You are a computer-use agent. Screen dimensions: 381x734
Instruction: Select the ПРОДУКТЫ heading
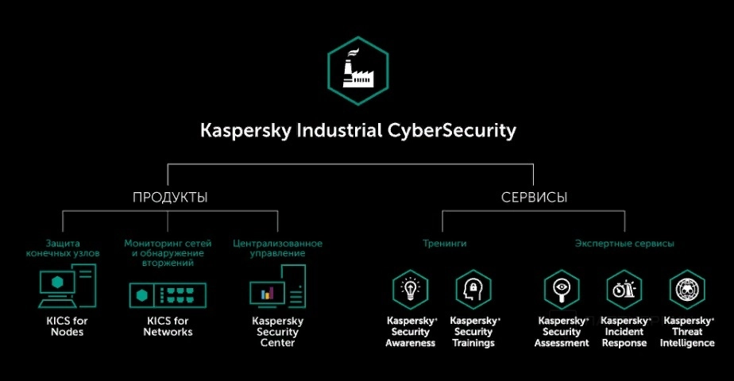[170, 198]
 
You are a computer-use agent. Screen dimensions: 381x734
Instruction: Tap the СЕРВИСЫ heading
[534, 198]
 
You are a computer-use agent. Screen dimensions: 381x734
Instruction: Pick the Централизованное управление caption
[277, 248]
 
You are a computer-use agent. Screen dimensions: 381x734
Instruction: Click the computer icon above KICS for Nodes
[67, 287]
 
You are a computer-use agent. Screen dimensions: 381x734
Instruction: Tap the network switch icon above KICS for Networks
[168, 295]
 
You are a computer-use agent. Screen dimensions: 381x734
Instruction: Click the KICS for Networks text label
[168, 326]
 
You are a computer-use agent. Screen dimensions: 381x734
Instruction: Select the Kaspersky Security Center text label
[277, 332]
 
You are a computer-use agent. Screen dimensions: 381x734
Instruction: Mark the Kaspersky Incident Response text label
[625, 332]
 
